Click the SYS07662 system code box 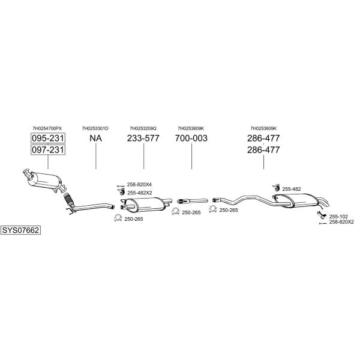pyautogui.click(x=20, y=230)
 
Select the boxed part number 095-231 pyautogui.click(x=48, y=138)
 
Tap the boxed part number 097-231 pyautogui.click(x=48, y=149)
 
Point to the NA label pyautogui.click(x=96, y=138)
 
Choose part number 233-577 pyautogui.click(x=143, y=138)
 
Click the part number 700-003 pyautogui.click(x=191, y=138)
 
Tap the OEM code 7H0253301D pyautogui.click(x=95, y=128)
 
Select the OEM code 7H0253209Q pyautogui.click(x=143, y=128)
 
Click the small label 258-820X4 pyautogui.click(x=139, y=185)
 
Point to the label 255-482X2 pyautogui.click(x=140, y=193)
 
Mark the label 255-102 pyautogui.click(x=338, y=217)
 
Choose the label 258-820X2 pyautogui.click(x=341, y=222)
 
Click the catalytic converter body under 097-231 pyautogui.click(x=44, y=181)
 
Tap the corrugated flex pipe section pyautogui.click(x=68, y=199)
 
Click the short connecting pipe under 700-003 pyautogui.click(x=193, y=201)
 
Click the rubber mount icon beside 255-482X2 pyautogui.click(x=121, y=191)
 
